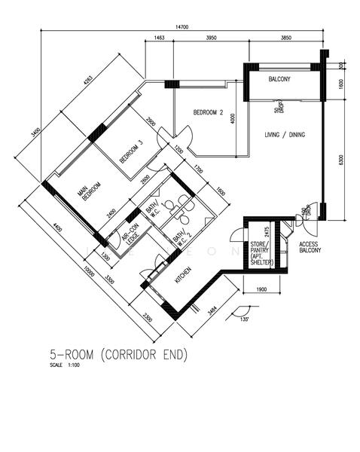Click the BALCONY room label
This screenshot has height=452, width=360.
(x=279, y=78)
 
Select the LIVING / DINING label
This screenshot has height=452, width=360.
(x=285, y=135)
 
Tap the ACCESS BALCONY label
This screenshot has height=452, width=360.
(x=310, y=248)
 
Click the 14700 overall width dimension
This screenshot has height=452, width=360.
(x=181, y=28)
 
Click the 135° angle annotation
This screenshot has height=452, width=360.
(x=244, y=319)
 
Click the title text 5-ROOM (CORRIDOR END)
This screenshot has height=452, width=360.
(x=118, y=354)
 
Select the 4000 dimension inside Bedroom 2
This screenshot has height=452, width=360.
(x=233, y=118)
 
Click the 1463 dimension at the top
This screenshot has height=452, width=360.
(x=160, y=37)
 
